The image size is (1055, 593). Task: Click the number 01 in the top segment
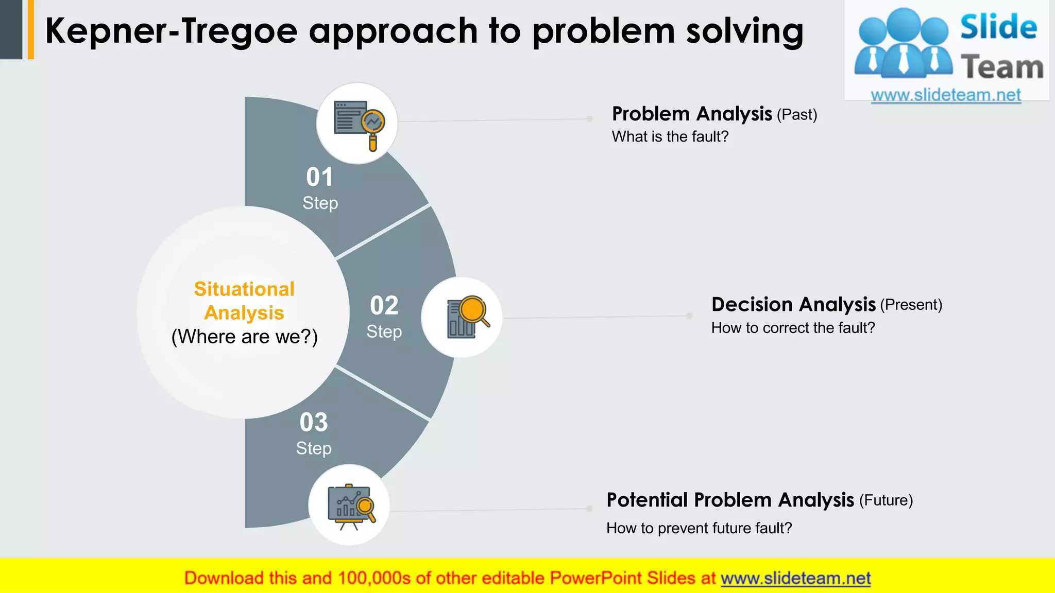click(319, 177)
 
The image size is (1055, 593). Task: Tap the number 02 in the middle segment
click(384, 306)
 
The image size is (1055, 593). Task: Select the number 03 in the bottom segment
click(314, 423)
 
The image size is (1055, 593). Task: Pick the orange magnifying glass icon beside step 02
click(462, 317)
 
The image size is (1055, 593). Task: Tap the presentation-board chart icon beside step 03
click(349, 505)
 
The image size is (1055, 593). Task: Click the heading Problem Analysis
click(692, 114)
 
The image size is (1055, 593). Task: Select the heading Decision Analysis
click(793, 305)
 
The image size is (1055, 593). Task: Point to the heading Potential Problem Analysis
click(730, 500)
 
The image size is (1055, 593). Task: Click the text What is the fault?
click(670, 137)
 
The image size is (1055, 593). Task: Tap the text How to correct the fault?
click(793, 328)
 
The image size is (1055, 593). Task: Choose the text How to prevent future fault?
click(699, 528)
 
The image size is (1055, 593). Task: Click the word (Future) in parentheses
click(886, 500)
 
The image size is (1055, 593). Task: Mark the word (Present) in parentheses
click(911, 305)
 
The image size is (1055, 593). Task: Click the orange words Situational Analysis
click(244, 301)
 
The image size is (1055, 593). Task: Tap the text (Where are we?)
click(244, 337)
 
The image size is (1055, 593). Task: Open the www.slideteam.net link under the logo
click(946, 95)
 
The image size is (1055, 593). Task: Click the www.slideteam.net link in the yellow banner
click(795, 579)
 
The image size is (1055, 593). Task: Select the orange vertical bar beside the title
click(31, 29)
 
